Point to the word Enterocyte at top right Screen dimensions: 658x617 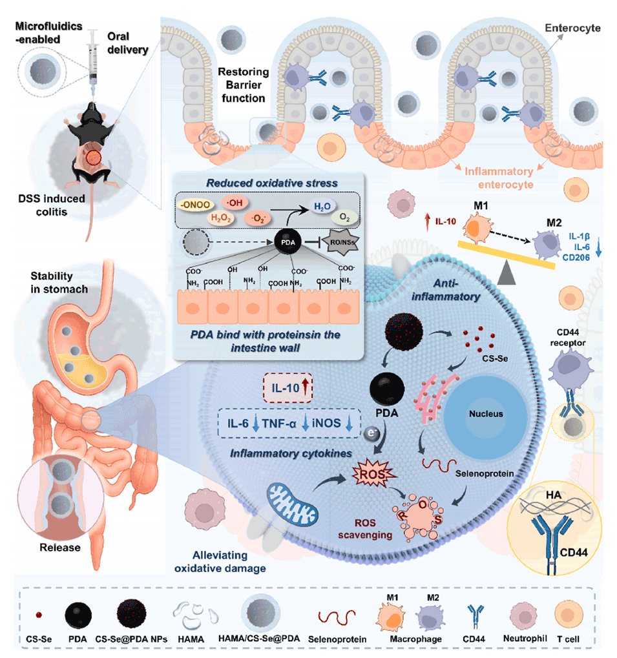[572, 28]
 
